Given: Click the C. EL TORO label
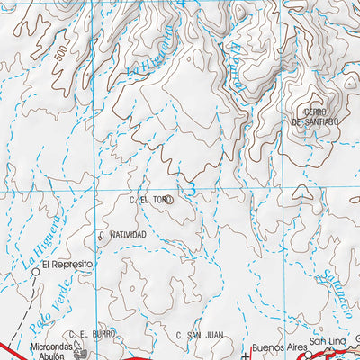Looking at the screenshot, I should (150, 200).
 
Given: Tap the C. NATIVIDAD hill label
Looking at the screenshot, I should (122, 235).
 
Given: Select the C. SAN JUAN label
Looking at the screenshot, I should (199, 335).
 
